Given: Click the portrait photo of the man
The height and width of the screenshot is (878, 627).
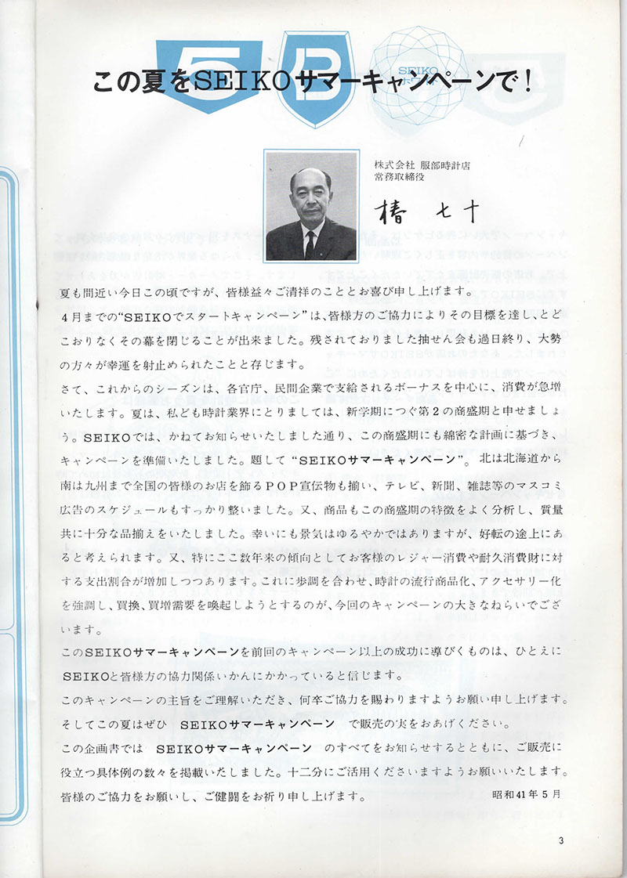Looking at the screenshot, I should (312, 206).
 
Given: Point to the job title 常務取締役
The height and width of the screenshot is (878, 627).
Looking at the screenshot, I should (399, 178).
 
